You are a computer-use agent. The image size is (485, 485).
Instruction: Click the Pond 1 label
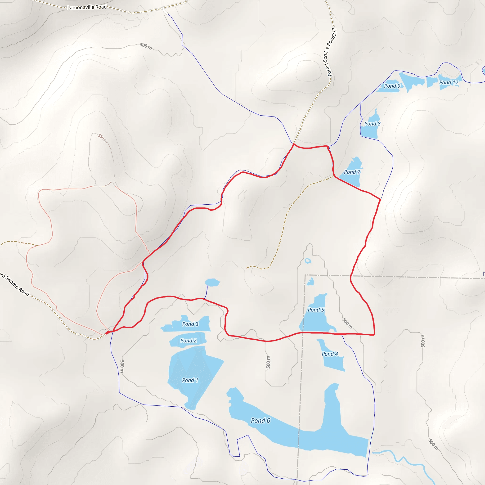pyautogui.click(x=190, y=380)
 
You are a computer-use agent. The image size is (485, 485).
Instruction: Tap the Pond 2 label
pyautogui.click(x=188, y=341)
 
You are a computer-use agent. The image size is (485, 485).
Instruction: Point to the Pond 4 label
pyautogui.click(x=330, y=354)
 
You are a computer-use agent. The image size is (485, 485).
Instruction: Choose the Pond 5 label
pyautogui.click(x=316, y=310)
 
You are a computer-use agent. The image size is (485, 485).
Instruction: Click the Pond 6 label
pyautogui.click(x=260, y=421)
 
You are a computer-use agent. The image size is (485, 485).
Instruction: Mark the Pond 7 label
pyautogui.click(x=352, y=172)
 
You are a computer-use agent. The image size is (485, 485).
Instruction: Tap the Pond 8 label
pyautogui.click(x=372, y=124)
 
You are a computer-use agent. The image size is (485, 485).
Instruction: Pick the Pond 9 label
pyautogui.click(x=392, y=86)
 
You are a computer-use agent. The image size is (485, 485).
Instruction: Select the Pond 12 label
pyautogui.click(x=449, y=82)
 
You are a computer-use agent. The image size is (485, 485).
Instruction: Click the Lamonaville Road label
pyautogui.click(x=87, y=7)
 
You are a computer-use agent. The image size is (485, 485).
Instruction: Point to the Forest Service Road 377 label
pyautogui.click(x=332, y=52)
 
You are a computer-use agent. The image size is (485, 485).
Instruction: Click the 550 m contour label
pyautogui.click(x=103, y=138)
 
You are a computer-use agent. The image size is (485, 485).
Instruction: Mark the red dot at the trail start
pyautogui.click(x=107, y=333)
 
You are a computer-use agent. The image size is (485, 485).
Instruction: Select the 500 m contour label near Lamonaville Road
pyautogui.click(x=146, y=46)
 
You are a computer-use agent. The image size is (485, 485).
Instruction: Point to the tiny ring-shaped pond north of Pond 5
pyautogui.click(x=308, y=261)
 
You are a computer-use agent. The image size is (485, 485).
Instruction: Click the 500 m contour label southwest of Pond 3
pyautogui.click(x=122, y=366)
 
